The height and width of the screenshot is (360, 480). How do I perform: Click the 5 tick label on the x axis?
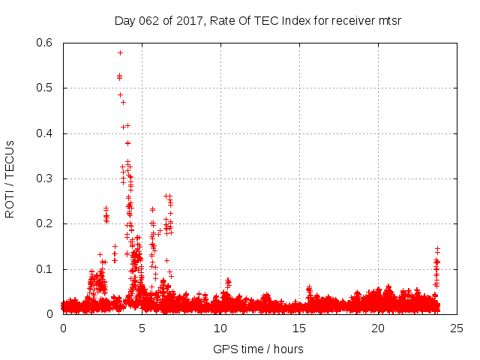(x=142, y=328)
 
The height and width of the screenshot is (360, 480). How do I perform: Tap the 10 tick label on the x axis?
(x=220, y=328)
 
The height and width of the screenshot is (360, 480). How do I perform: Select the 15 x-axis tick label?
(x=299, y=328)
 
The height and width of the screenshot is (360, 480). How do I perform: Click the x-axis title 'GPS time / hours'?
(x=258, y=349)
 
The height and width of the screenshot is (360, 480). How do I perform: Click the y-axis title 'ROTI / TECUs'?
(x=10, y=178)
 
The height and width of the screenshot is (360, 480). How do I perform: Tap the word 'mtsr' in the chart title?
(x=390, y=20)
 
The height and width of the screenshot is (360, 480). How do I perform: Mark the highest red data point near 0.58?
(x=120, y=52)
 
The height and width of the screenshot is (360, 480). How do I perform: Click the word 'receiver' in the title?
(x=352, y=20)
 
